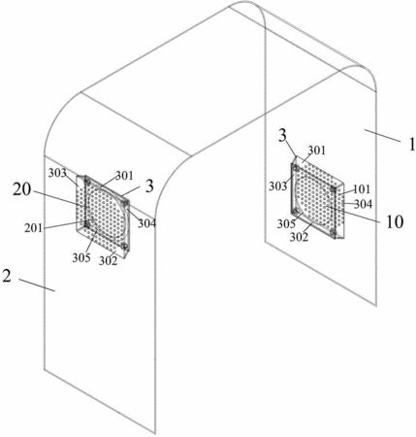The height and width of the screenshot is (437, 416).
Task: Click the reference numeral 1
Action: tap(411, 145)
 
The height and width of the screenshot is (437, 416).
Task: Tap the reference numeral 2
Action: tap(7, 276)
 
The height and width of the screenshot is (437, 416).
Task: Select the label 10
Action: tap(395, 222)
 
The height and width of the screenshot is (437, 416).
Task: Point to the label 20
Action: tap(22, 189)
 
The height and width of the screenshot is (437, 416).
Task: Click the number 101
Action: tap(362, 189)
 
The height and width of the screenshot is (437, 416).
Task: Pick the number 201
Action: tap(34, 228)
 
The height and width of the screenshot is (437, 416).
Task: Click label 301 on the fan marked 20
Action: tap(124, 176)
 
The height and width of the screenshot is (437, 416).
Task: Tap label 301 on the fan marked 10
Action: tap(316, 150)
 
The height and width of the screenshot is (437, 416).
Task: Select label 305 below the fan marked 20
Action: tap(81, 258)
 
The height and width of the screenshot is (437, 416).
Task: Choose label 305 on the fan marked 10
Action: tap(286, 224)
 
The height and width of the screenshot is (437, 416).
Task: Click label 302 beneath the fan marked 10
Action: tap(299, 237)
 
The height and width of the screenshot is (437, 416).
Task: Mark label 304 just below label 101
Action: tap(364, 204)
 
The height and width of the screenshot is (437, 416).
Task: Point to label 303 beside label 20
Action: tap(57, 173)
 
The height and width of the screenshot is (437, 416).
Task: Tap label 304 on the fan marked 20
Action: tap(147, 223)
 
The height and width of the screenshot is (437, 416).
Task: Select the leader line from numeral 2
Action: tap(37, 285)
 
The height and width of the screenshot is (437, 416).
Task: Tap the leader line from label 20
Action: tap(60, 199)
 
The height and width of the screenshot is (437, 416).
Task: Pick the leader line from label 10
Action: tap(353, 214)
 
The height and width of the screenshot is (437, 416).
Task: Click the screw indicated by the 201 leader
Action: tap(86, 224)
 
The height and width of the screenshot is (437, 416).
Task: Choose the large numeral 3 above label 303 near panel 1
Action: tap(283, 136)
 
